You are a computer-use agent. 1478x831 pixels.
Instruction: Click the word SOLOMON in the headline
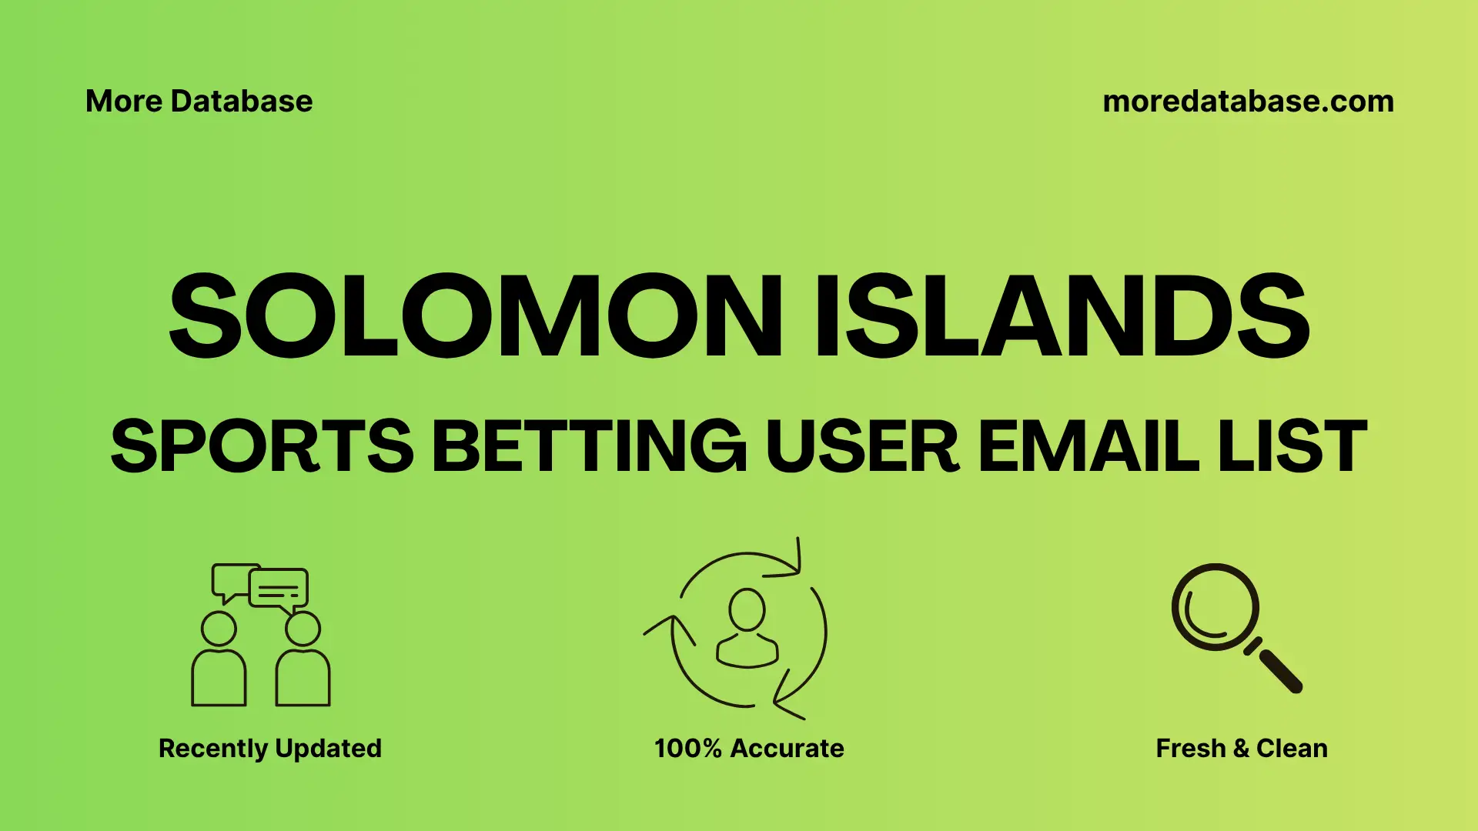pos(475,315)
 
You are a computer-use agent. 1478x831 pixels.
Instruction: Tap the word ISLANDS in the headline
pos(1062,315)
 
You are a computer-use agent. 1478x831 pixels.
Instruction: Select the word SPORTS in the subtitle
pos(262,446)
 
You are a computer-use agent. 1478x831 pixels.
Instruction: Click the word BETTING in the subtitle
pos(589,446)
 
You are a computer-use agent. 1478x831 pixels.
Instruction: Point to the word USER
pos(861,446)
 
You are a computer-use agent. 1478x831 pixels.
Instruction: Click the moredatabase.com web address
pos(1248,102)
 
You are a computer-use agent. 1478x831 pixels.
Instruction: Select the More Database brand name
pos(199,102)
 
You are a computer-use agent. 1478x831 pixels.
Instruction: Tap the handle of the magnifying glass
pos(1279,670)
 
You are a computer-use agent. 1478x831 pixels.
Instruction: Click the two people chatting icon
pos(260,635)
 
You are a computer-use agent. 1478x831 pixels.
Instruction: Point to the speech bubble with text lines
pos(278,589)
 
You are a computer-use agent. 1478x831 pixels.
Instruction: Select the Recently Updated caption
pos(269,749)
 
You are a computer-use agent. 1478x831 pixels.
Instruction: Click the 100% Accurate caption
pos(748,749)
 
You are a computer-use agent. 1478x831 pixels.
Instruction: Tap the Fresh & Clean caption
pos(1241,749)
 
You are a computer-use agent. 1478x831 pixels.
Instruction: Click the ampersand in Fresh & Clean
pos(1240,749)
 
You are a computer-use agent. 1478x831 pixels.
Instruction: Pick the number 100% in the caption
pos(687,749)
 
